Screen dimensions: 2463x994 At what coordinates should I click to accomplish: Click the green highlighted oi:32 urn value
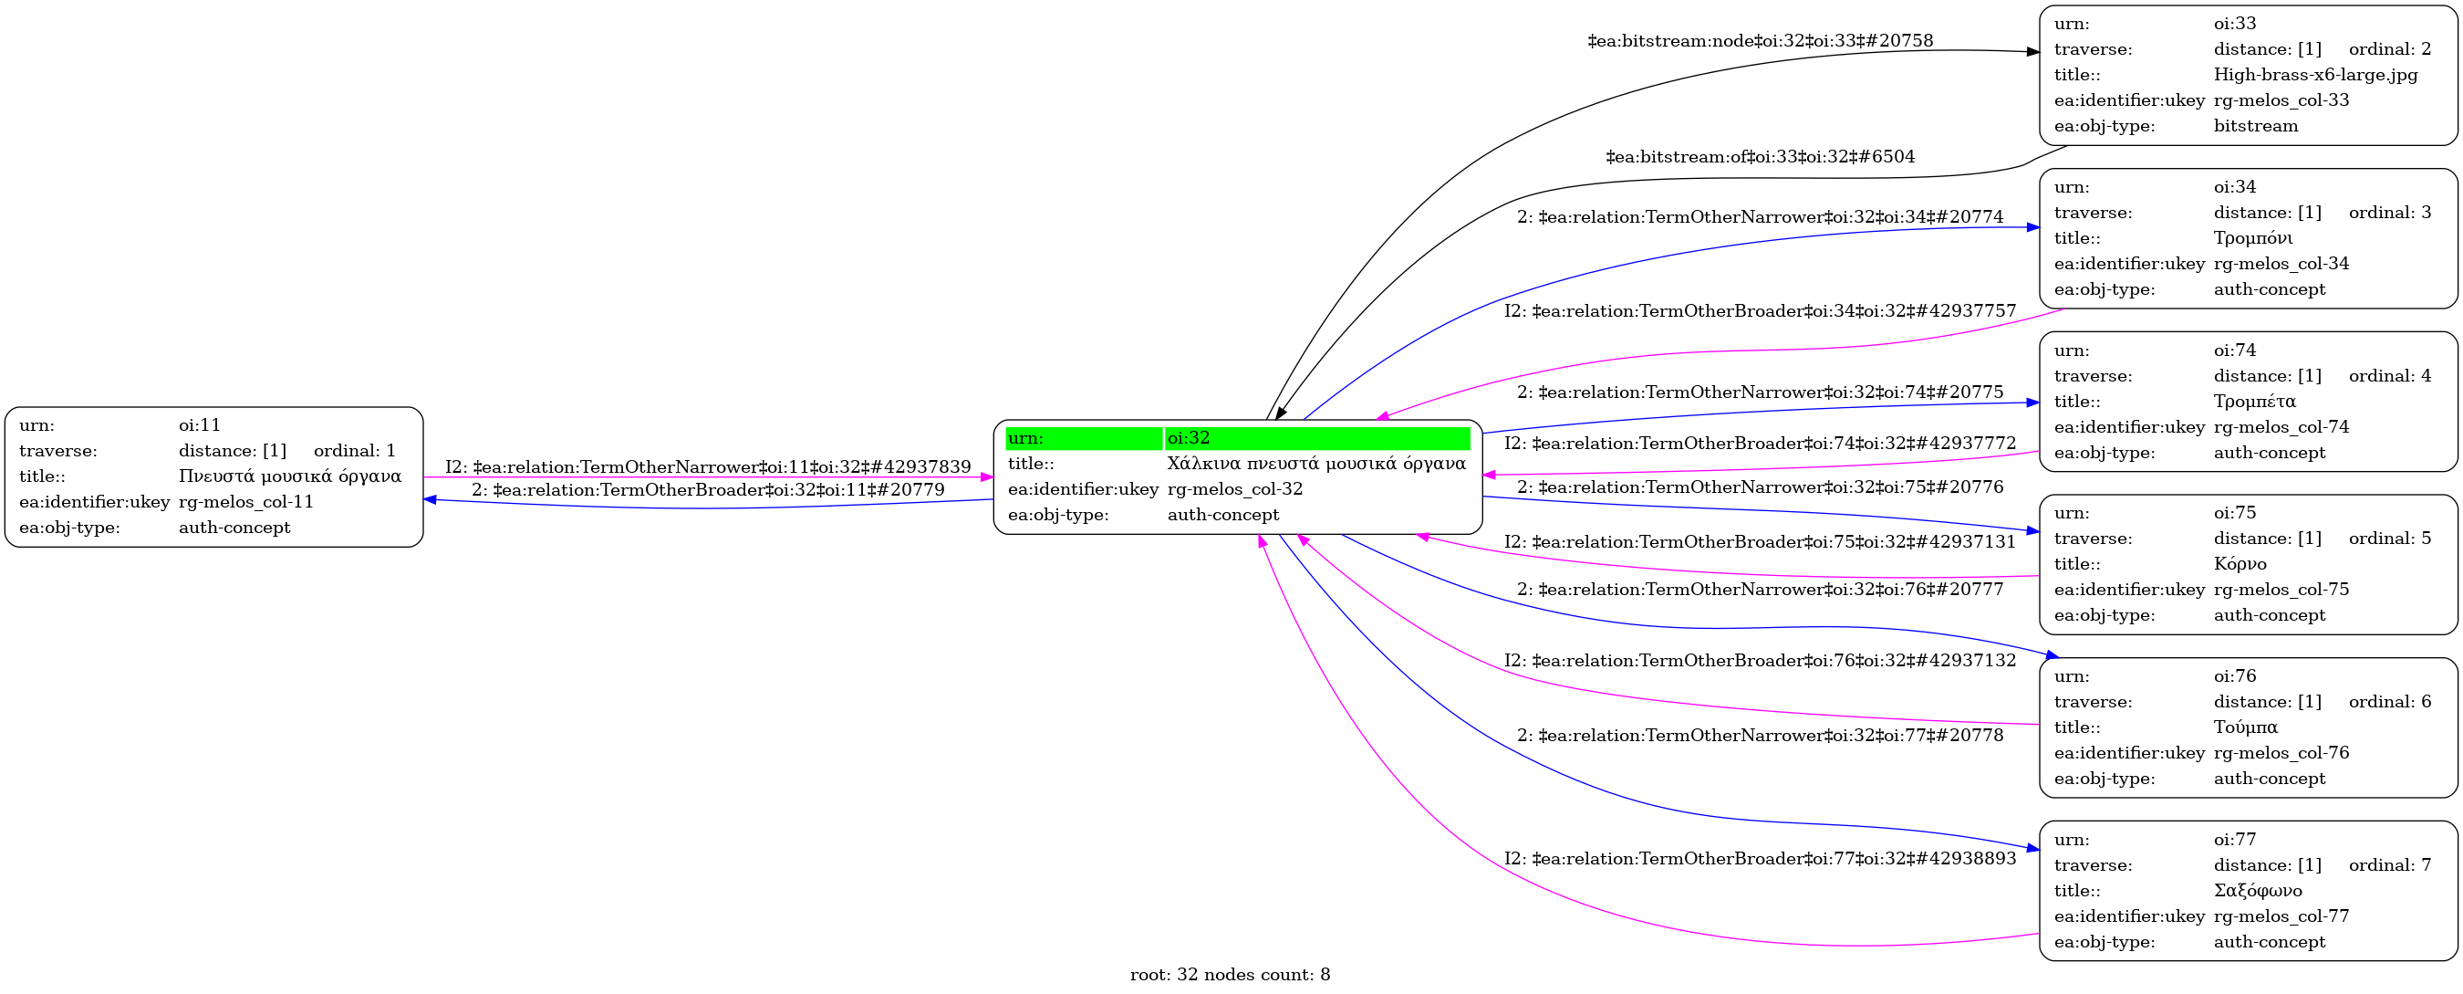click(1316, 438)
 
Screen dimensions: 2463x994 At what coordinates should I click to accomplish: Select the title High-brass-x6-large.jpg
click(2315, 75)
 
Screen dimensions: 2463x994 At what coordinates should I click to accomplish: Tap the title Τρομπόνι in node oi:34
click(2252, 238)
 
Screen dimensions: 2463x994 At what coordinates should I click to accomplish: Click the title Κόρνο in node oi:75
click(2240, 564)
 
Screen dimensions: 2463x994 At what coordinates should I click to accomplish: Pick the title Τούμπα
click(2246, 727)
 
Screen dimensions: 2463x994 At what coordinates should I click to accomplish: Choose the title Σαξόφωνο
click(2258, 891)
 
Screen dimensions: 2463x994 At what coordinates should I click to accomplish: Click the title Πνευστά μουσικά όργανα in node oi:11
click(290, 476)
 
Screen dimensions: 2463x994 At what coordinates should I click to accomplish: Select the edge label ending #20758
click(1761, 40)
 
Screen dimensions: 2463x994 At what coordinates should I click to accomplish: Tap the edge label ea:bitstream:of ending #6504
click(1761, 156)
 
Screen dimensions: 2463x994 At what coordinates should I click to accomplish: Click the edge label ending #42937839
click(708, 466)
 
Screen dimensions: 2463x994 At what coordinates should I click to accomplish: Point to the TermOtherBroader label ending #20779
click(708, 490)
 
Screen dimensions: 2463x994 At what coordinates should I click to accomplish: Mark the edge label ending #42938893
click(1761, 858)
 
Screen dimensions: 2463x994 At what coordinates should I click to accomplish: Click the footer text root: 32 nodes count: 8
click(1230, 975)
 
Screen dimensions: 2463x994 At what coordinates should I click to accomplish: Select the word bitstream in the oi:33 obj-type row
click(2256, 126)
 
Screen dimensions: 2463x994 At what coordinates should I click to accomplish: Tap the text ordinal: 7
click(2389, 865)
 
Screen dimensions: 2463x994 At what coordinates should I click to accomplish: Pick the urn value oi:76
click(2234, 676)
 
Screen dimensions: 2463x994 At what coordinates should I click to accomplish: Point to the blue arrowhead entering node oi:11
click(431, 499)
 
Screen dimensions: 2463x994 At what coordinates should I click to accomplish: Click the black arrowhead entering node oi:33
click(2032, 52)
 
